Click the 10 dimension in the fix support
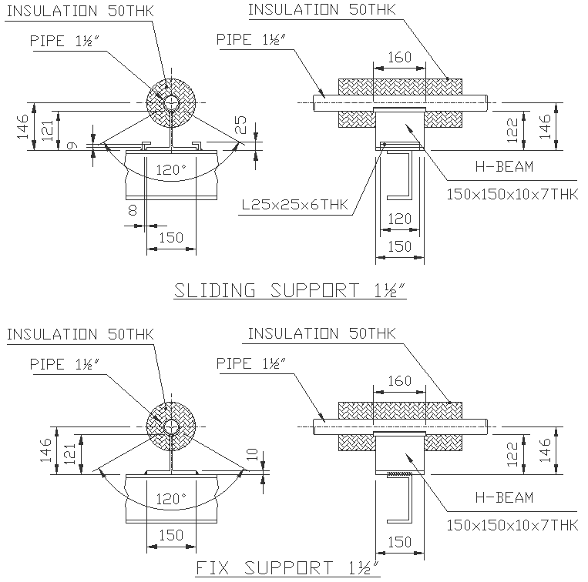(x=249, y=454)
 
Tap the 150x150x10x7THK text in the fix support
(x=512, y=525)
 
